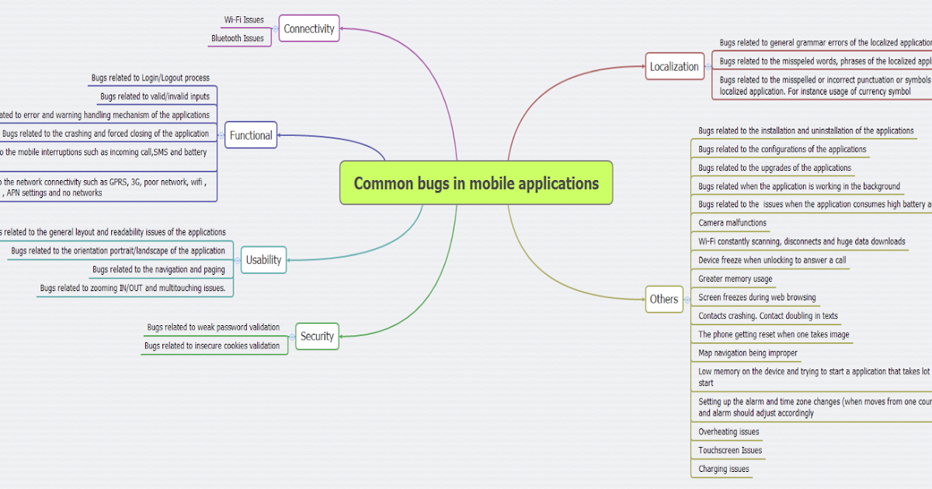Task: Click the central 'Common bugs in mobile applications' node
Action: [x=476, y=183]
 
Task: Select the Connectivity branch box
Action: [x=309, y=29]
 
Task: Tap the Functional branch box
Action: [x=251, y=135]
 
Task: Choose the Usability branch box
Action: [x=263, y=260]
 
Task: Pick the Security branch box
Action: [x=317, y=336]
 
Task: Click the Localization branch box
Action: [x=674, y=67]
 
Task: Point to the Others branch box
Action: [x=664, y=299]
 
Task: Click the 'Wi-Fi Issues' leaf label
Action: [x=244, y=19]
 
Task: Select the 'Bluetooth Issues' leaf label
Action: [x=237, y=38]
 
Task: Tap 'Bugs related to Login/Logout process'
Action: [x=150, y=78]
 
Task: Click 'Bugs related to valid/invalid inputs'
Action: [x=155, y=96]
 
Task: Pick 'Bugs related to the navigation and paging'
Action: [x=158, y=269]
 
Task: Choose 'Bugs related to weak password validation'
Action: [x=213, y=327]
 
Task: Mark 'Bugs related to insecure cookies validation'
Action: [x=211, y=345]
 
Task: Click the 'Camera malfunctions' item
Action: [x=732, y=223]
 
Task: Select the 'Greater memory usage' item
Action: [x=736, y=279]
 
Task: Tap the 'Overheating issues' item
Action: [x=729, y=432]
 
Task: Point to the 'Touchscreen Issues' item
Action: [x=730, y=450]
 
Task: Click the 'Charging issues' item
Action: [x=724, y=469]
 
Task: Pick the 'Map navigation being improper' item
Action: [x=748, y=353]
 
